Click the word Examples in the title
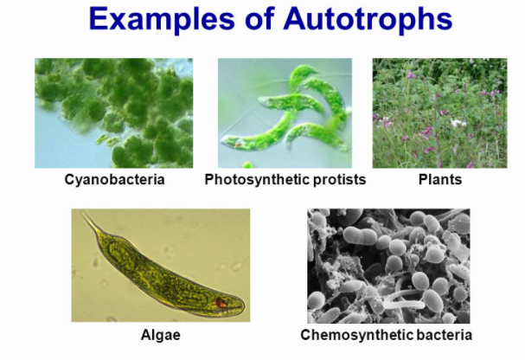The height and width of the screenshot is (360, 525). tap(162, 19)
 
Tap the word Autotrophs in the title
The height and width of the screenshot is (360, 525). tap(368, 18)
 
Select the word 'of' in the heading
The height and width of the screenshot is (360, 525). tap(259, 19)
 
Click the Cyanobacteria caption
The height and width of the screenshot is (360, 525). tap(114, 179)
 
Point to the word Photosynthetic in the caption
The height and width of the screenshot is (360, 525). tap(257, 180)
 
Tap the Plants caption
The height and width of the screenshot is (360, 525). tap(440, 179)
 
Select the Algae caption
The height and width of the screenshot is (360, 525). tap(161, 335)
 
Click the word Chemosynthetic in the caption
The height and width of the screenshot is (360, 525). tap(357, 335)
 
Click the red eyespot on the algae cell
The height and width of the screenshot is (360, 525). tap(221, 302)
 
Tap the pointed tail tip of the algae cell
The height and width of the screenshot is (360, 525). tap(83, 214)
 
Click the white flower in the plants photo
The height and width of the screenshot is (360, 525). tap(458, 123)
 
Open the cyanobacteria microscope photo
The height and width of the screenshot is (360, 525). tap(114, 113)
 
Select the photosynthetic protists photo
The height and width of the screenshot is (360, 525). tap(285, 113)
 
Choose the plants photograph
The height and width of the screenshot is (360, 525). tap(439, 113)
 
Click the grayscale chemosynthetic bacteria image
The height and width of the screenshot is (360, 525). tap(388, 266)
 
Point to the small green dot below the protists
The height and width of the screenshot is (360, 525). tap(247, 164)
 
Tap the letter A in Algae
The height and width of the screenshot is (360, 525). tap(145, 335)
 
